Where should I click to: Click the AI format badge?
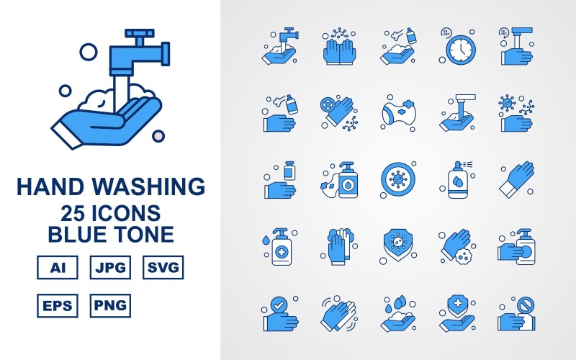[x=56, y=269]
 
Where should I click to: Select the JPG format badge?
[x=109, y=269]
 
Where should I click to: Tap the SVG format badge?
[x=163, y=269]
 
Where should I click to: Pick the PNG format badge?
[x=109, y=305]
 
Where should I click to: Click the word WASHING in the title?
[x=152, y=187]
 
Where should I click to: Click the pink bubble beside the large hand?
[x=159, y=135]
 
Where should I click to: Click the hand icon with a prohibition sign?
[x=516, y=311]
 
